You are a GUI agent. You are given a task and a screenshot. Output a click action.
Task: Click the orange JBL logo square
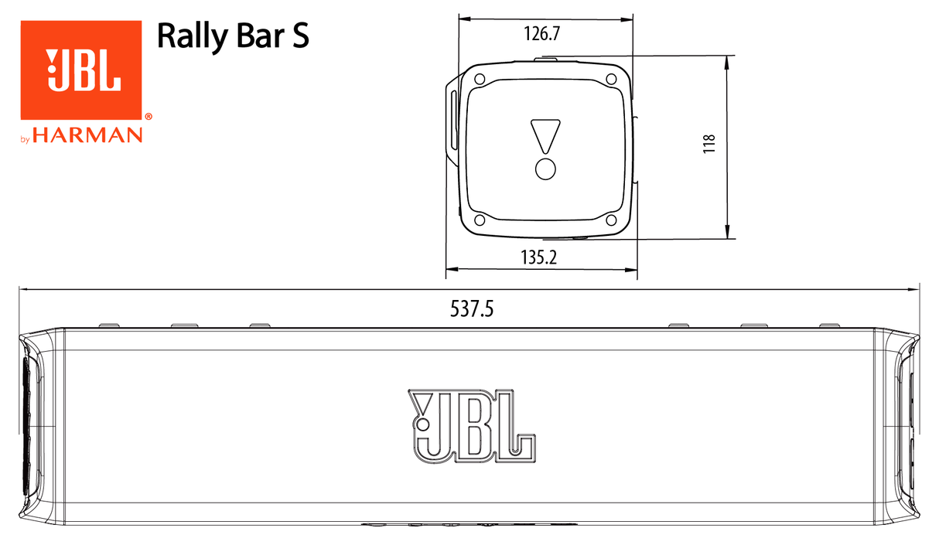click(x=81, y=70)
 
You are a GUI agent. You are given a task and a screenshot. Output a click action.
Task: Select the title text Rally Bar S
click(x=233, y=36)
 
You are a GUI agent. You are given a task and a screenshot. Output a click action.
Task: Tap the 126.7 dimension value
click(x=541, y=34)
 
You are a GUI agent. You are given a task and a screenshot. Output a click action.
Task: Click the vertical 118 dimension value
click(x=709, y=145)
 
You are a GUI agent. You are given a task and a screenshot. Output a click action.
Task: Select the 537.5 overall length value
click(x=472, y=309)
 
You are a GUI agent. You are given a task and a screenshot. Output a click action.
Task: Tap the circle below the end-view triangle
click(x=545, y=169)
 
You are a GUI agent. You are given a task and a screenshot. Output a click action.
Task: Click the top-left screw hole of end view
click(x=480, y=79)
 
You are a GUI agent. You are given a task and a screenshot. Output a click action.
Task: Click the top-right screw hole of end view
click(x=611, y=79)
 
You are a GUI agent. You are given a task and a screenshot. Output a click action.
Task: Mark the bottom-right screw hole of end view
click(x=611, y=220)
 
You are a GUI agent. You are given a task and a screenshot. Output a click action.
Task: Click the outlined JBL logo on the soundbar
click(x=469, y=426)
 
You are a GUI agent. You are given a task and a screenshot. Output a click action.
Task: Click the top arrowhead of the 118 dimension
click(x=728, y=62)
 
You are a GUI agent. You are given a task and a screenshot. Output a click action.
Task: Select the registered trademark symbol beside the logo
click(x=148, y=118)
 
